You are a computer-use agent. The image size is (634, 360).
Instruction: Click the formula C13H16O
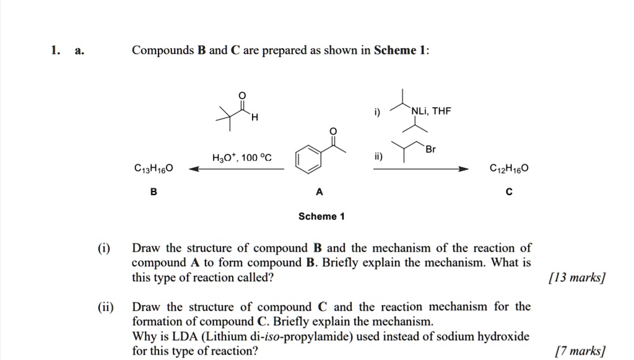point(154,168)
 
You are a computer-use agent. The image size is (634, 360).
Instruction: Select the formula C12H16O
point(509,168)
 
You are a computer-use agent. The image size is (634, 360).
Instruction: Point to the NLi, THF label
point(432,111)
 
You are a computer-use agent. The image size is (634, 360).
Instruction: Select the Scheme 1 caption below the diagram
point(321,216)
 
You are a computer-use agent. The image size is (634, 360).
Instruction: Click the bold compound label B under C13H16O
point(154,191)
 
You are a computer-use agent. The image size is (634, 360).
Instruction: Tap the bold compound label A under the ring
point(319,191)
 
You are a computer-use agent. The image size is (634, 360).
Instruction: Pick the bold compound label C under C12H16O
point(509,191)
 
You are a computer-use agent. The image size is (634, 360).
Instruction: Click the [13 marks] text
point(576,278)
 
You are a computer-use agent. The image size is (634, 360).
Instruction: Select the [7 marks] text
point(580,351)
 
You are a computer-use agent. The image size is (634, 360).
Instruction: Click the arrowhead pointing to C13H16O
point(193,169)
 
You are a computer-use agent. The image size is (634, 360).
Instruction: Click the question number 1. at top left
point(55,50)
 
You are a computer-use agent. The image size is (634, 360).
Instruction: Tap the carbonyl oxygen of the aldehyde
point(242,94)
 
